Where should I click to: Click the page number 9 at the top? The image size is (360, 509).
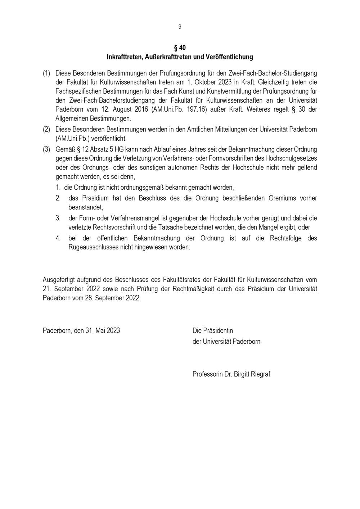point(180,27)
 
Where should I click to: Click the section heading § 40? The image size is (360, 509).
point(180,48)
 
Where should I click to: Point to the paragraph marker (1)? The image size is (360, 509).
point(46,73)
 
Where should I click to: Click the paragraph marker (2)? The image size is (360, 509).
point(46,129)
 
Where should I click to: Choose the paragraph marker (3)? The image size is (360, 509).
point(46,149)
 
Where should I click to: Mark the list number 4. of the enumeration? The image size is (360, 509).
point(58,238)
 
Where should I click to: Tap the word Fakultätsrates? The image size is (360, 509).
point(187,280)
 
